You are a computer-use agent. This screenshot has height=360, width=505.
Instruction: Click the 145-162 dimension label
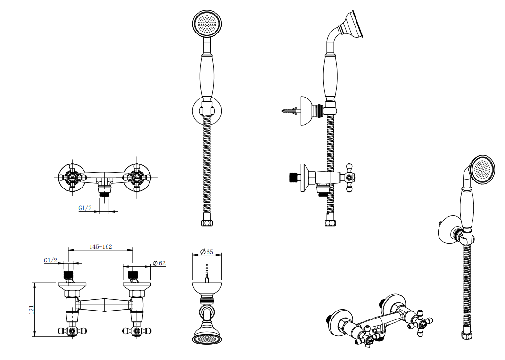(100, 247)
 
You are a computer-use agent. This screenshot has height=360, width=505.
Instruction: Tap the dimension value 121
(32, 310)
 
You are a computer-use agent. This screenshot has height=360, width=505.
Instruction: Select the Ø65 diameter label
(207, 252)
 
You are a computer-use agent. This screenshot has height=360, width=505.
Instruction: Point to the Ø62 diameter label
(159, 263)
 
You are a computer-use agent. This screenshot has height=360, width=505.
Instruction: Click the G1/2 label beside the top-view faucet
(85, 208)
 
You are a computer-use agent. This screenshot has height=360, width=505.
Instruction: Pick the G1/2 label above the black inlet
(50, 260)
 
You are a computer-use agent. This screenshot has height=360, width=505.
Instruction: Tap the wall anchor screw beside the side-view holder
(291, 111)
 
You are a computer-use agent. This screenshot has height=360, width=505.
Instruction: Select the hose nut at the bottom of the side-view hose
(330, 222)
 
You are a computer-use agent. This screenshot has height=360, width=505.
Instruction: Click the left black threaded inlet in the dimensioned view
(68, 275)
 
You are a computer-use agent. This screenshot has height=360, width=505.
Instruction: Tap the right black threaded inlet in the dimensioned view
(133, 275)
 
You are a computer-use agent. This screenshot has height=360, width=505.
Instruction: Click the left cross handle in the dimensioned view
(72, 331)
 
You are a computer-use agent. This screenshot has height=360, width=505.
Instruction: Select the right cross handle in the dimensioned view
(137, 331)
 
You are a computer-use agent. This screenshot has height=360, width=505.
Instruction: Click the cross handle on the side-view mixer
(349, 178)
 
